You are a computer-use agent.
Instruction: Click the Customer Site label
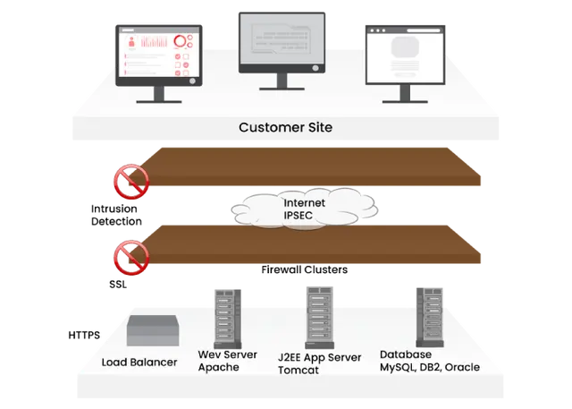click(x=286, y=127)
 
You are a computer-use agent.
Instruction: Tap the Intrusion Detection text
click(x=116, y=215)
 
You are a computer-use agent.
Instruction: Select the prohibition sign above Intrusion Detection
click(x=131, y=182)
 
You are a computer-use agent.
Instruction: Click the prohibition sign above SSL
click(x=131, y=258)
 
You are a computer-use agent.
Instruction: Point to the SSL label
click(x=118, y=284)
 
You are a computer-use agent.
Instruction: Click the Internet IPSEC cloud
click(x=304, y=209)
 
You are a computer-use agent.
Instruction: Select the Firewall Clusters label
click(x=304, y=269)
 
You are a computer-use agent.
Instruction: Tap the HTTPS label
click(x=84, y=335)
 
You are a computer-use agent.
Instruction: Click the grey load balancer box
click(x=153, y=330)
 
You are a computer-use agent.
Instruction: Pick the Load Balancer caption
click(x=139, y=362)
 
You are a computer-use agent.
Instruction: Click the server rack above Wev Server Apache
click(x=228, y=319)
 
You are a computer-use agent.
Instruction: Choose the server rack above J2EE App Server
click(x=320, y=318)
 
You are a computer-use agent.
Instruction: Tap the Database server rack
click(x=430, y=317)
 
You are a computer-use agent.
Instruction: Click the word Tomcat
click(x=298, y=370)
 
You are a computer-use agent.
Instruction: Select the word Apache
click(x=218, y=367)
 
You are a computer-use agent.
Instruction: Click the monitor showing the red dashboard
click(x=159, y=64)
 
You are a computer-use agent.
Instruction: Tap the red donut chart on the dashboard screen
click(x=180, y=41)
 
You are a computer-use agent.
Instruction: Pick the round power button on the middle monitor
click(x=315, y=68)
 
